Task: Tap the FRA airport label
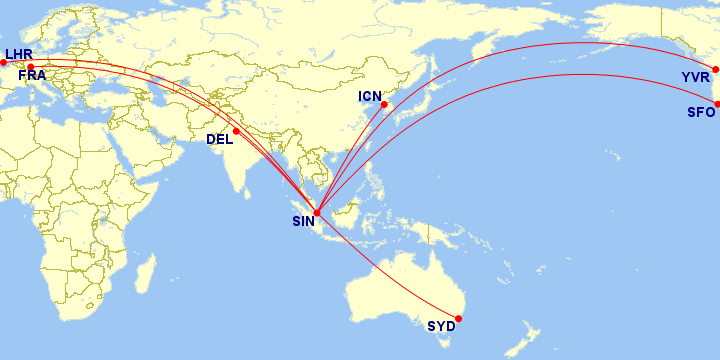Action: [33, 75]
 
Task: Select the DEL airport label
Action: [220, 139]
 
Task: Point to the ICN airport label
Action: [371, 97]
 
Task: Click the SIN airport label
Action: [303, 222]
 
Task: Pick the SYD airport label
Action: [440, 326]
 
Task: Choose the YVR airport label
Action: [695, 77]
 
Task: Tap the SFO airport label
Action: [700, 112]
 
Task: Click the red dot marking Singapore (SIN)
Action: [317, 212]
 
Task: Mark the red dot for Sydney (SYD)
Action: [458, 319]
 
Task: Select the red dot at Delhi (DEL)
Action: [237, 131]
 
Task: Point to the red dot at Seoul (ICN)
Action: [384, 104]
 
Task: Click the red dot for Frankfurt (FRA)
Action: [30, 67]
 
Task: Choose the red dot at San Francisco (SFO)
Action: [717, 104]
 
